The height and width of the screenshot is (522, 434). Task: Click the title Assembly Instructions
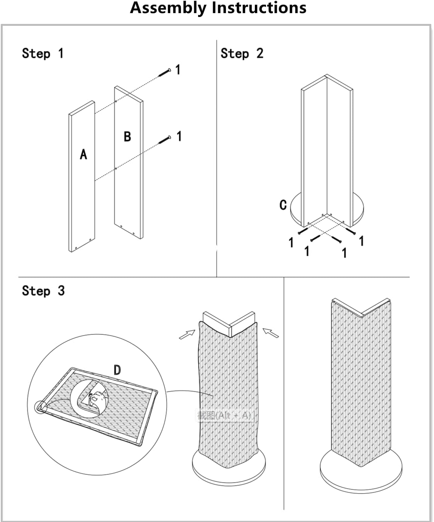point(218,8)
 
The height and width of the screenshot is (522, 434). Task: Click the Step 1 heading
point(42,53)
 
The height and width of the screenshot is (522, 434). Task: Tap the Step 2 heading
point(242,53)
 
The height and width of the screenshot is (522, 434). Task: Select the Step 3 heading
point(43,291)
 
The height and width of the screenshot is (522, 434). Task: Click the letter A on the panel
point(83,154)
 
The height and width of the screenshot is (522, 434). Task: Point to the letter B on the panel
point(127,136)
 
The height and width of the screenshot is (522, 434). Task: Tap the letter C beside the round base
point(283,204)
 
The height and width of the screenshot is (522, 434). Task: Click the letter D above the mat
point(117,370)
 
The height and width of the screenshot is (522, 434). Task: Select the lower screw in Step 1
point(165,140)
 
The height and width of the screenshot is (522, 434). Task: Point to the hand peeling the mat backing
point(97,398)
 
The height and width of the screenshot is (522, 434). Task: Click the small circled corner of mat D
point(41,407)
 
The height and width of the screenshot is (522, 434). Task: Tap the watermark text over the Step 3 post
point(224,415)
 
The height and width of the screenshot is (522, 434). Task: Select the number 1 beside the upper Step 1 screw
point(178,70)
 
